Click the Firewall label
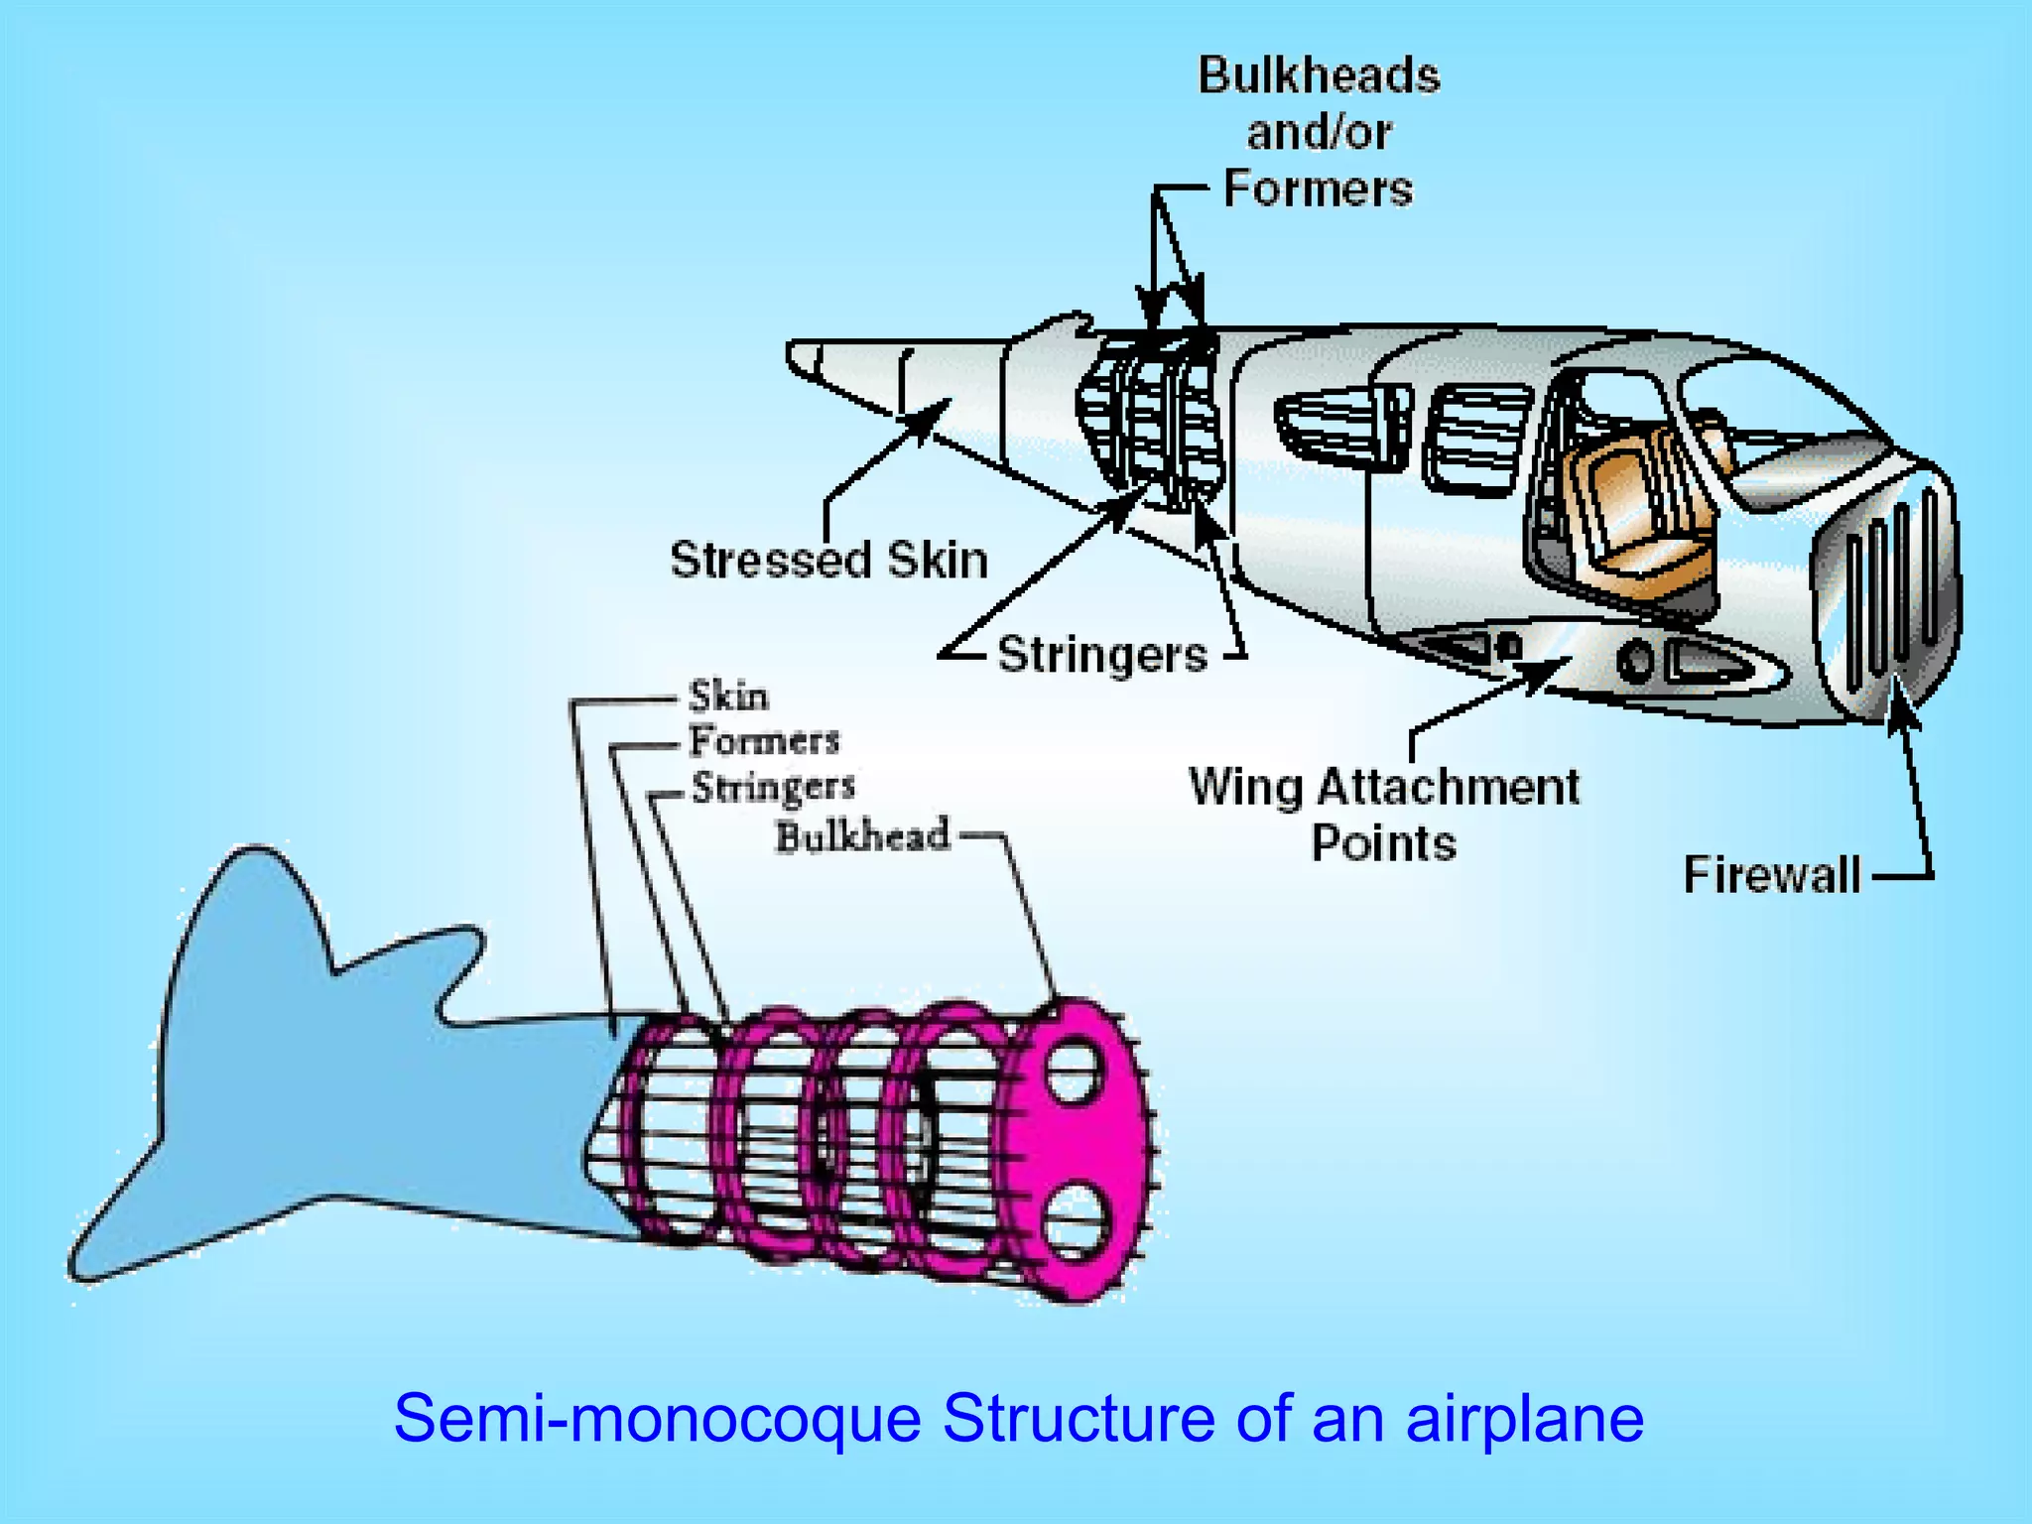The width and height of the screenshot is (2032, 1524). (1772, 876)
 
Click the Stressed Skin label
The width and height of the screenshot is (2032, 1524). (829, 560)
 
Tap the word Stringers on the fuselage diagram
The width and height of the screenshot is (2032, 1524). (1102, 655)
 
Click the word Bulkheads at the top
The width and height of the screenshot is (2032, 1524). (1319, 76)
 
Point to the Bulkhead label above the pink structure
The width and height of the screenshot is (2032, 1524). (862, 835)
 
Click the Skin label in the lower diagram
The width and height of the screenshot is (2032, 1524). (728, 696)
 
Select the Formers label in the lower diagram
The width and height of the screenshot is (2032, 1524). (764, 741)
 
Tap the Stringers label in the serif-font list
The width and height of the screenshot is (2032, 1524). (773, 787)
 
